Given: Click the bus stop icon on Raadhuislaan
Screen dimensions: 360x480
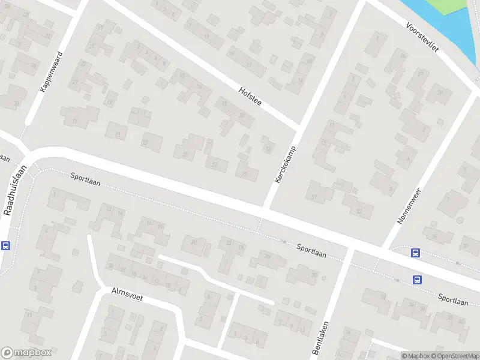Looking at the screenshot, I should (6, 245).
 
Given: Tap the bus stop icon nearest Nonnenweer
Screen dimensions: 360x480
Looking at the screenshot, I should (415, 253).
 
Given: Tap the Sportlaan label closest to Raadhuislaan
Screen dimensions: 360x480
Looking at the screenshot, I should (84, 178).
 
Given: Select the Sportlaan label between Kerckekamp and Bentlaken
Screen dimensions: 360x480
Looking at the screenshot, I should (312, 250).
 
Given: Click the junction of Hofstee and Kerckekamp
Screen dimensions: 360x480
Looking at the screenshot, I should (298, 128).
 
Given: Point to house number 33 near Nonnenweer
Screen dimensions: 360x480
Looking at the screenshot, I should (358, 211).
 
